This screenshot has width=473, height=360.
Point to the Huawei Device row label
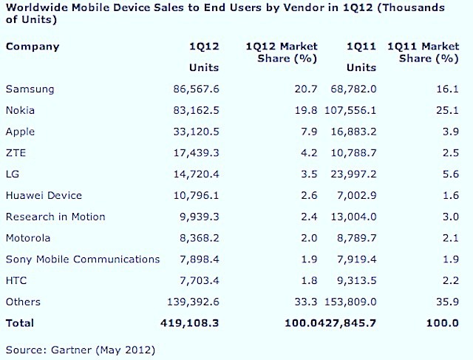44,196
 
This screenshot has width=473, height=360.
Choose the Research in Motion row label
55,217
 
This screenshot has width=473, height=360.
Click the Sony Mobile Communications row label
83,259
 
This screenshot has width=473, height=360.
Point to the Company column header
32,47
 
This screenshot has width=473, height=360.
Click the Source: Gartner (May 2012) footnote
80,347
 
